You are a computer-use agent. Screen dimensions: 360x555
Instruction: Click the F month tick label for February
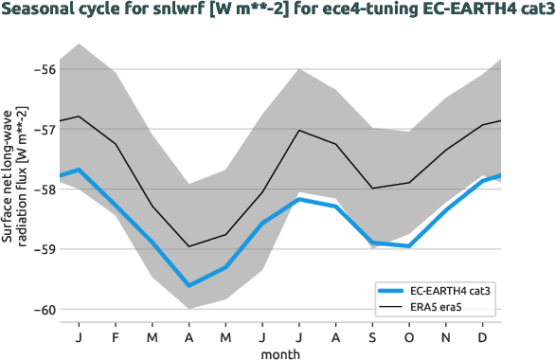point(116,336)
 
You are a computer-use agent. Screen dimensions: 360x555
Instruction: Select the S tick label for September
point(373,336)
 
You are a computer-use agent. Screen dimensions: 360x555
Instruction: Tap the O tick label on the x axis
point(409,336)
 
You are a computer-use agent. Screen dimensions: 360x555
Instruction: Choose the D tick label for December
point(483,336)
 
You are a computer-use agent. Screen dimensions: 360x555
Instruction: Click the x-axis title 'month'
point(281,352)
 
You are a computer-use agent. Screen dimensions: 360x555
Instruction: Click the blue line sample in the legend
point(393,292)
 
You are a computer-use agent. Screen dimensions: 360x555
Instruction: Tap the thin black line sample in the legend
point(393,308)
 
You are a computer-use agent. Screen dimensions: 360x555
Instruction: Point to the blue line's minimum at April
point(189,285)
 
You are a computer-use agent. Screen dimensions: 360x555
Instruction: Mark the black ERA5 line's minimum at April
point(189,246)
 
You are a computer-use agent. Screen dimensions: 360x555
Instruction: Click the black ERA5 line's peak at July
point(299,130)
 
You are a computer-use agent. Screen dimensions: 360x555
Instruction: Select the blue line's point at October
point(409,246)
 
